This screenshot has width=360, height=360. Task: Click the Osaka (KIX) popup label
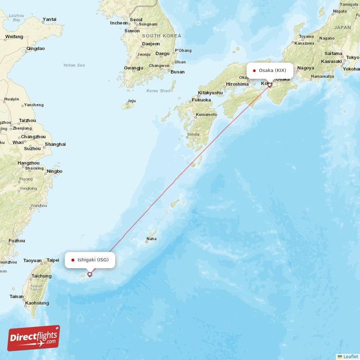click(270, 70)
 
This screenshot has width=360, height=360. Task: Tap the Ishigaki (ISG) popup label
click(90, 260)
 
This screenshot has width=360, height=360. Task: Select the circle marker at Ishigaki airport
click(90, 274)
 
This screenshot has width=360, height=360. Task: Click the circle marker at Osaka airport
click(270, 85)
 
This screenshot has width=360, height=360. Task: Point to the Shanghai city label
click(55, 144)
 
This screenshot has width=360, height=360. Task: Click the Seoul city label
click(136, 19)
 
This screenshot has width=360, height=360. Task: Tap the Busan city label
click(177, 72)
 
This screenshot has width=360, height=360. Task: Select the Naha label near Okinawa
click(152, 238)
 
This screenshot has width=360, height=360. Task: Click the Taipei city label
click(53, 260)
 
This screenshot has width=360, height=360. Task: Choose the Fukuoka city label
click(201, 100)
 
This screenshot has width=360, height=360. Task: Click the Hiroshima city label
click(237, 84)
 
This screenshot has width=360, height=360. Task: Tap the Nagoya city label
click(306, 68)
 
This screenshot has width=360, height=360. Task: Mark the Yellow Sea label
click(74, 65)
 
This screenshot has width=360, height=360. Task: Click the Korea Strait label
click(158, 90)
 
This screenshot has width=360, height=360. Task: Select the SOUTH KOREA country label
click(161, 36)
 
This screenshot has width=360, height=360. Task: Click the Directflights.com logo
click(34, 339)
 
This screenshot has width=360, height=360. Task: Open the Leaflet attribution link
click(350, 356)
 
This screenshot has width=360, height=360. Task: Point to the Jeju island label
click(131, 101)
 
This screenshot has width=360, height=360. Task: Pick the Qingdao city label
click(36, 48)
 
